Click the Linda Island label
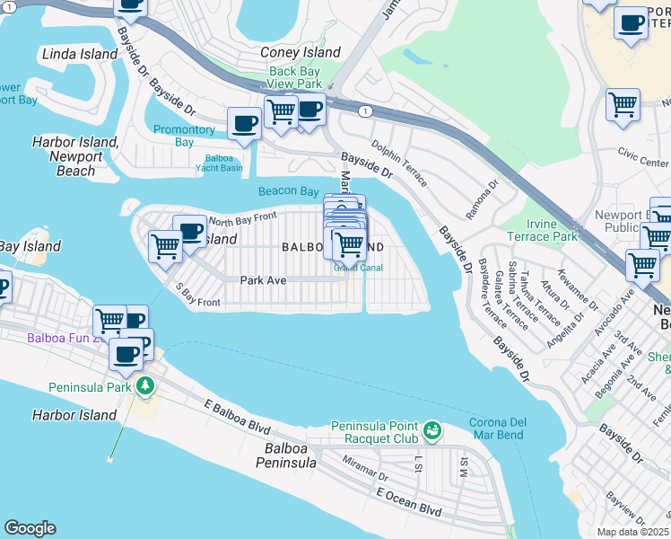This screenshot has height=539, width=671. click(79, 54)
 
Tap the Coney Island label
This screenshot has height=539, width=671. click(301, 53)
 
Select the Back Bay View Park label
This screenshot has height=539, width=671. click(295, 77)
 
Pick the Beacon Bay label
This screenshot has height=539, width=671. click(289, 191)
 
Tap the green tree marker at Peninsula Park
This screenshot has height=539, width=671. click(144, 385)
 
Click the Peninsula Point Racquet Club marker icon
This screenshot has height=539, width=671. click(432, 431)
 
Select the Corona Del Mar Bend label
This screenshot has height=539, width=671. click(497, 429)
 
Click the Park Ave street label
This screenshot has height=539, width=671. click(263, 280)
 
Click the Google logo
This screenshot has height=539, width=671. click(30, 528)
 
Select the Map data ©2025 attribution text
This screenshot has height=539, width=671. click(633, 532)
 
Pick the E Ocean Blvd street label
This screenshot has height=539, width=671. click(409, 501)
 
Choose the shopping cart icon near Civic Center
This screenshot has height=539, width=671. click(623, 104)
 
